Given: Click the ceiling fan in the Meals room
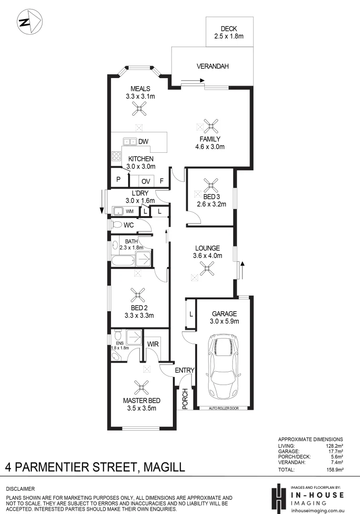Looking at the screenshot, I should click(139, 110).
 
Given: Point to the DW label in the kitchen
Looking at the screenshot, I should click(143, 141).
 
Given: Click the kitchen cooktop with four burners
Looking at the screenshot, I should click(116, 156).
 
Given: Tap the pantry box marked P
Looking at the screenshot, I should click(118, 180).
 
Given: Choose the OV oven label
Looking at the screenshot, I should click(145, 181).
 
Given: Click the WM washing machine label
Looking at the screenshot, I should click(129, 211).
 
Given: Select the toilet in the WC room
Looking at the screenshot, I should click(116, 224).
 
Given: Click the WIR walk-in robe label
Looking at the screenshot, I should click(153, 343).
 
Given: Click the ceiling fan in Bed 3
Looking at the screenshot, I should click(210, 185).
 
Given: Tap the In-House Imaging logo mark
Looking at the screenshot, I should click(277, 497).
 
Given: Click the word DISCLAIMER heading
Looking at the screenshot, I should click(20, 489).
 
